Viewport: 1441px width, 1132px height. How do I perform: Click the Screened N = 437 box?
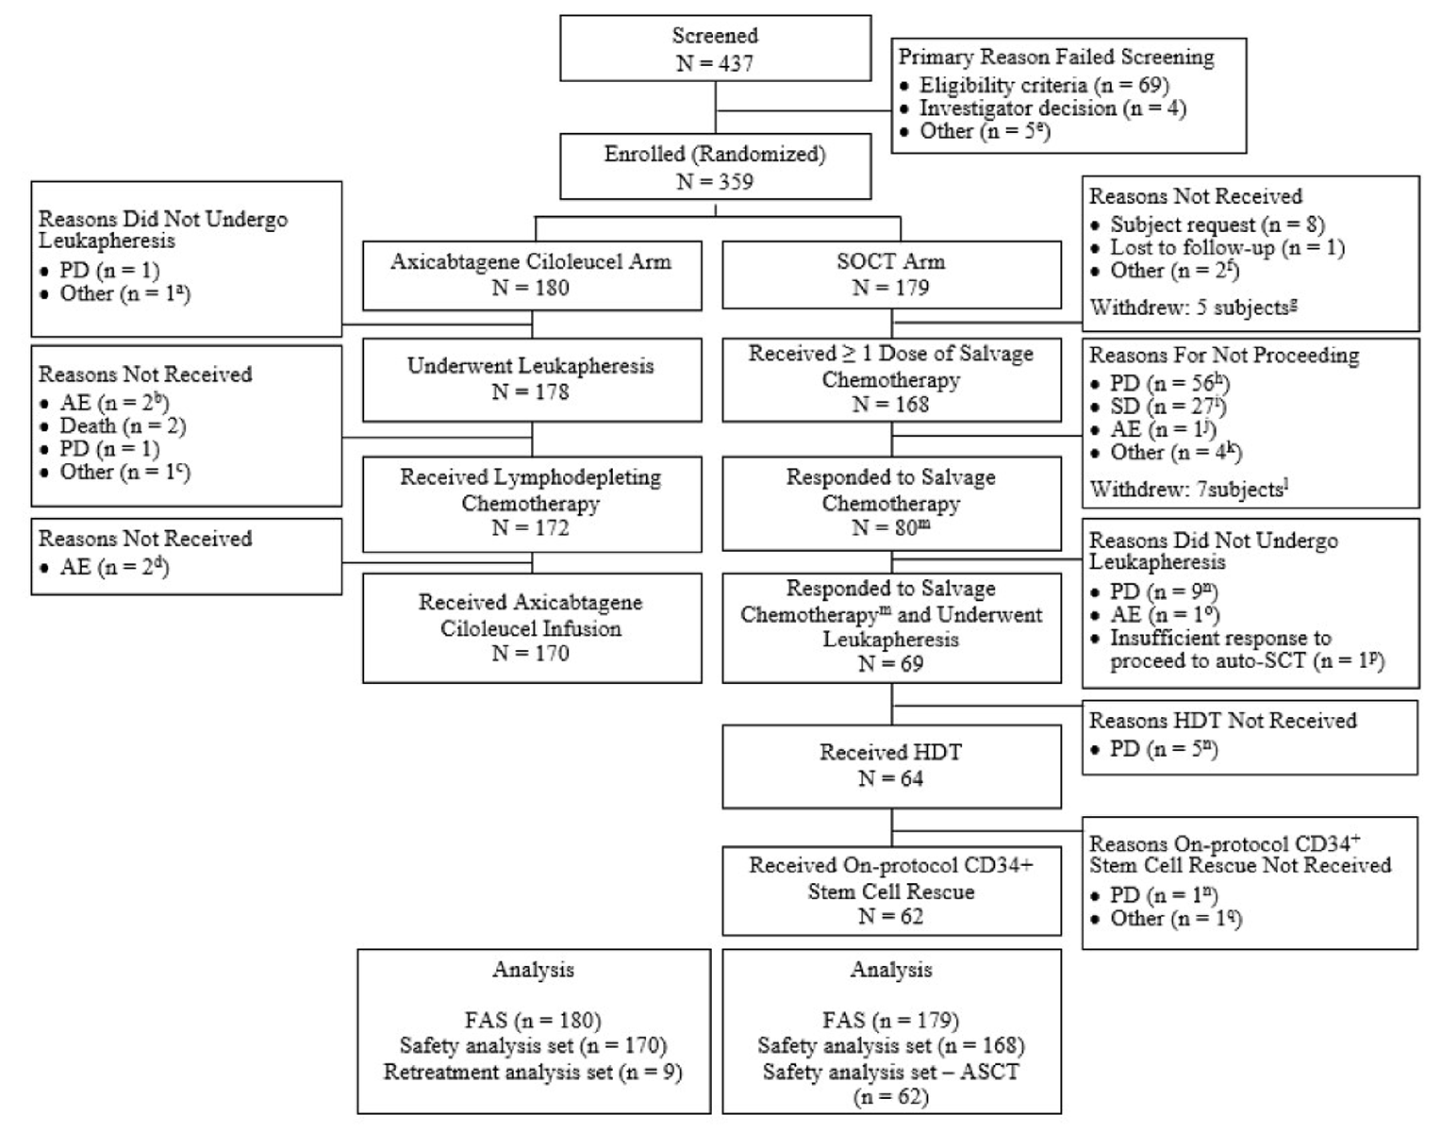pyautogui.click(x=715, y=49)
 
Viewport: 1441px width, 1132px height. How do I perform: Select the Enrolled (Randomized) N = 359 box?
pyautogui.click(x=715, y=168)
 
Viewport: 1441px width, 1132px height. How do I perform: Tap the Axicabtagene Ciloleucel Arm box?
pyautogui.click(x=531, y=275)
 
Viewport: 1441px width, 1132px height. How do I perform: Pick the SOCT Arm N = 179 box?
pyautogui.click(x=890, y=275)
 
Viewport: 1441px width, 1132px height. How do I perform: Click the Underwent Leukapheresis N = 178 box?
pyautogui.click(x=531, y=378)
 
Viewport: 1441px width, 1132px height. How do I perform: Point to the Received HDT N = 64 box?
pyautogui.click(x=890, y=765)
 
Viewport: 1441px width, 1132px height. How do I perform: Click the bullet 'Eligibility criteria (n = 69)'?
pyautogui.click(x=1044, y=85)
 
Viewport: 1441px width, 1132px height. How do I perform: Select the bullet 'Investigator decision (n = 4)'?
pyautogui.click(x=1052, y=108)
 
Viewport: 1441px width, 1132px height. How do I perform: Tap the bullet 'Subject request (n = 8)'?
pyautogui.click(x=1217, y=225)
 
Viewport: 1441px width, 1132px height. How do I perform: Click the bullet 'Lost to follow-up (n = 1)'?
pyautogui.click(x=1227, y=247)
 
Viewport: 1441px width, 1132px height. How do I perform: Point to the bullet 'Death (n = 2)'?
pyautogui.click(x=123, y=425)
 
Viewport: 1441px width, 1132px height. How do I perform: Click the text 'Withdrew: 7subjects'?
pyautogui.click(x=1187, y=489)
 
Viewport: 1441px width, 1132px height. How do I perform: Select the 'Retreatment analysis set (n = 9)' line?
pyautogui.click(x=533, y=1073)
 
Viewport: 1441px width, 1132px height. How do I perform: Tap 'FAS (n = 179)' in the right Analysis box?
pyautogui.click(x=890, y=1021)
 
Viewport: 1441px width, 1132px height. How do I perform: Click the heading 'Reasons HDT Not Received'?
pyautogui.click(x=1222, y=721)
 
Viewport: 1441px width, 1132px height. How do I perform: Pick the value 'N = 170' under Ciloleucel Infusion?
pyautogui.click(x=531, y=653)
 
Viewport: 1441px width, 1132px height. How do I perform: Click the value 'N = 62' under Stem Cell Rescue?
pyautogui.click(x=890, y=916)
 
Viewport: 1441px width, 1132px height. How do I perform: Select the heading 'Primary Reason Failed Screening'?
pyautogui.click(x=1056, y=58)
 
